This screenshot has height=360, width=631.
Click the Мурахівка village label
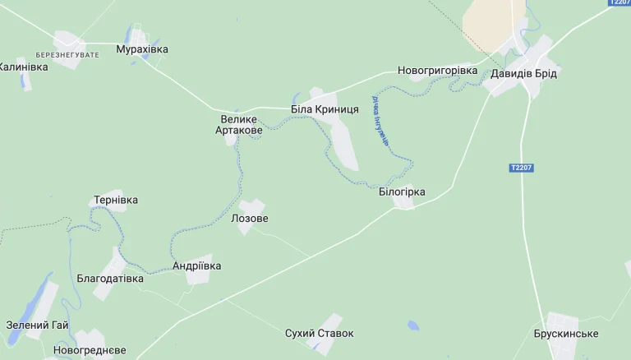pos(142,49)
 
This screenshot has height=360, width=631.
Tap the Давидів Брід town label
pos(523,74)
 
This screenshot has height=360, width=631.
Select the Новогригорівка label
pos(437,71)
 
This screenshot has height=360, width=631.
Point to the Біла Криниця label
pos(325,109)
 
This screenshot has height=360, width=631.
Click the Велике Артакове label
pos(239,125)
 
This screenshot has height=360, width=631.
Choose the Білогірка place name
pos(402,192)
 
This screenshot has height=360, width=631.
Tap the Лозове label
pos(250,219)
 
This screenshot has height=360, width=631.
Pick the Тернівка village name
pos(116,200)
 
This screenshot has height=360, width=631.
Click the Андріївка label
pos(196,266)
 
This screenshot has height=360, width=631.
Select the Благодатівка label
pos(110,279)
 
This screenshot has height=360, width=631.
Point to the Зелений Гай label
pos(37,325)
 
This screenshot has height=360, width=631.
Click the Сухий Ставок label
pos(319,334)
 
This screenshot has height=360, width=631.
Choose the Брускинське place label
pos(565,334)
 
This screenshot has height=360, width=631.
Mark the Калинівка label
pos(23,67)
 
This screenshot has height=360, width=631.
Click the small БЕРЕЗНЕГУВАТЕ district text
pos(67,54)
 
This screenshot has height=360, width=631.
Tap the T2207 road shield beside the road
pos(521,168)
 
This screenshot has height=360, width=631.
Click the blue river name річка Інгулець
pos(380,122)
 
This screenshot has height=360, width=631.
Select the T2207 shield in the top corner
pos(619,2)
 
